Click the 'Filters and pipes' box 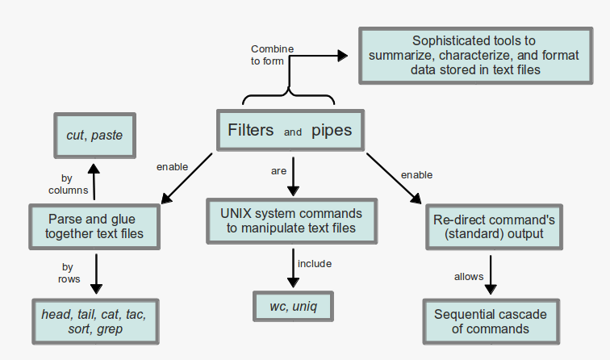pos(290,130)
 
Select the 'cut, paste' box pos(94,136)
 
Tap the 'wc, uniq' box pos(293,306)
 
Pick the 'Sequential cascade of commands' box pos(491,321)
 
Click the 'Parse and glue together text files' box pos(94,227)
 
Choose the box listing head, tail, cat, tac pos(95,321)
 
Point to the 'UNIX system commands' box pos(291,221)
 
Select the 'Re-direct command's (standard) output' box pos(494,227)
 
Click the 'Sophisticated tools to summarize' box pos(475,56)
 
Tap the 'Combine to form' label pos(272,55)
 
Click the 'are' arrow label pos(278,171)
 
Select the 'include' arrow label pos(315,264)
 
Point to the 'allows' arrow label pos(469,277)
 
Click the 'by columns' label pos(68,184)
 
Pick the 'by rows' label pos(69,273)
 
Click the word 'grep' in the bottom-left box pos(110,329)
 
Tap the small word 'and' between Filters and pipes pos(293,132)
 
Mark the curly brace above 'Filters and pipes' pos(288,96)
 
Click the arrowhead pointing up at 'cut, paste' pos(94,169)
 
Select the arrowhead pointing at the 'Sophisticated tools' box pos(342,56)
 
